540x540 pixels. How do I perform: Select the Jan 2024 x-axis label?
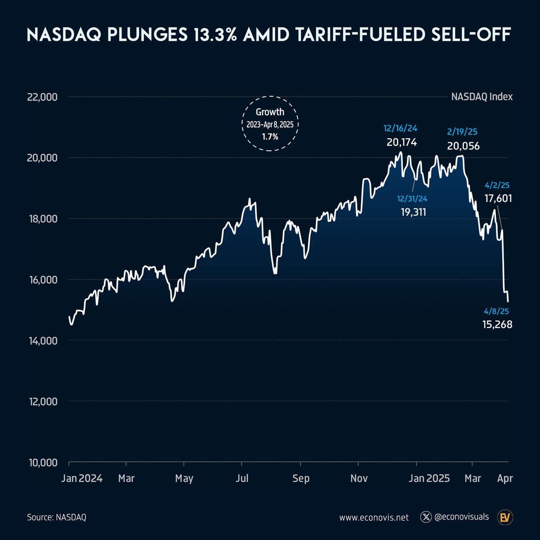click(x=82, y=478)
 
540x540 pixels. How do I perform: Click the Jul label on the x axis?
click(x=243, y=478)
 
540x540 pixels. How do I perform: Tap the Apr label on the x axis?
click(x=505, y=478)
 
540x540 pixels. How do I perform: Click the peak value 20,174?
click(x=402, y=143)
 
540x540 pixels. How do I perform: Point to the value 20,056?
click(x=463, y=146)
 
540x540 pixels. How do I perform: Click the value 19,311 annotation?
click(x=414, y=212)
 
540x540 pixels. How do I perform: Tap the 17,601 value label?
click(x=498, y=198)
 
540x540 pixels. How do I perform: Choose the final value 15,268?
click(x=497, y=324)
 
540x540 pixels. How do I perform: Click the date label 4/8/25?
click(x=497, y=311)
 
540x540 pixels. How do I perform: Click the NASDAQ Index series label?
click(x=482, y=97)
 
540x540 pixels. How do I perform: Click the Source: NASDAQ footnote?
click(x=56, y=517)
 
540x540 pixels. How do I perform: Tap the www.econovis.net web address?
click(x=374, y=517)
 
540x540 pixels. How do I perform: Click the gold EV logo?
click(x=506, y=517)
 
